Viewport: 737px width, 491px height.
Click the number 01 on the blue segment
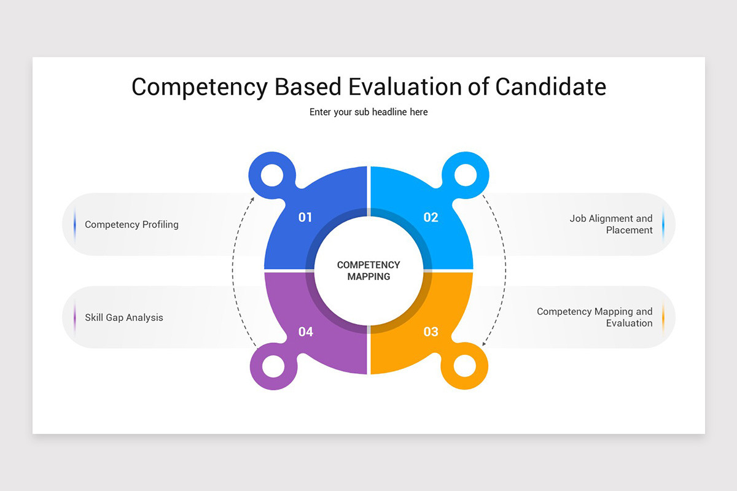point(305,217)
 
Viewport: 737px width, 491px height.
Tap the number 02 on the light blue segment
point(431,217)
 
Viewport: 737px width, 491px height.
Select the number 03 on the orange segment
point(431,332)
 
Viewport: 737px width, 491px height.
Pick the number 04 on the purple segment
point(305,332)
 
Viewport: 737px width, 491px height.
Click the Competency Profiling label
point(131,225)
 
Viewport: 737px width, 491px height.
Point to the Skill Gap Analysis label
point(124,318)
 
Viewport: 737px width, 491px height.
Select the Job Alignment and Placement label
point(610,224)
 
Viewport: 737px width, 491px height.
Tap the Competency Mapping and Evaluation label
point(595,317)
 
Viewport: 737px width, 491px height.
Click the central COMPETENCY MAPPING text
point(368,271)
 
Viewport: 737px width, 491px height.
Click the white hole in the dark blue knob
point(272,175)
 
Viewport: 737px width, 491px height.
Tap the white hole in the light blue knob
point(465,175)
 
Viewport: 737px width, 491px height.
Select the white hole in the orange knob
point(465,366)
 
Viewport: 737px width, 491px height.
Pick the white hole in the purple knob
point(273,366)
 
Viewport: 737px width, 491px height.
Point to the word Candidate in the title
point(550,87)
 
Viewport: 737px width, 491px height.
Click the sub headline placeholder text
point(368,112)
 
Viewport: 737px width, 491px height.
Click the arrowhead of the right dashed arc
point(484,344)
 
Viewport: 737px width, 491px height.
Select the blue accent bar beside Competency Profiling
point(75,225)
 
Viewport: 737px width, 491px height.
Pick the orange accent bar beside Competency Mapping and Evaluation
point(663,317)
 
